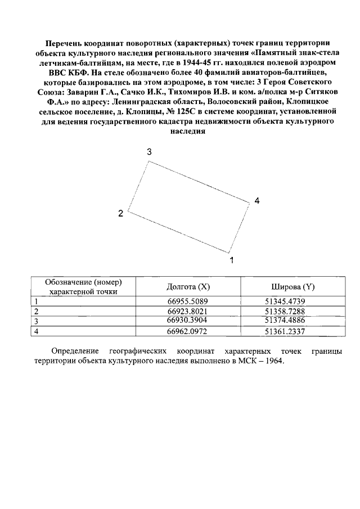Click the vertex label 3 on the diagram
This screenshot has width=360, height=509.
coord(150,152)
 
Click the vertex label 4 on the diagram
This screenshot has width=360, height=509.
coord(256,201)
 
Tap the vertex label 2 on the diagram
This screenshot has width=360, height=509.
coord(120,213)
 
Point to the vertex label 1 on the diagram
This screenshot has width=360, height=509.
coord(231,260)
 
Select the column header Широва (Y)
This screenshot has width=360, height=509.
coord(293,287)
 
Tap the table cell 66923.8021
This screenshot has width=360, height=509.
coord(188,312)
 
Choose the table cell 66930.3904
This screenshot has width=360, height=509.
coord(188,321)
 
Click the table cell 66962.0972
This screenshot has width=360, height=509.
coord(188,331)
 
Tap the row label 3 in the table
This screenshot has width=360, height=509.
coord(37,321)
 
